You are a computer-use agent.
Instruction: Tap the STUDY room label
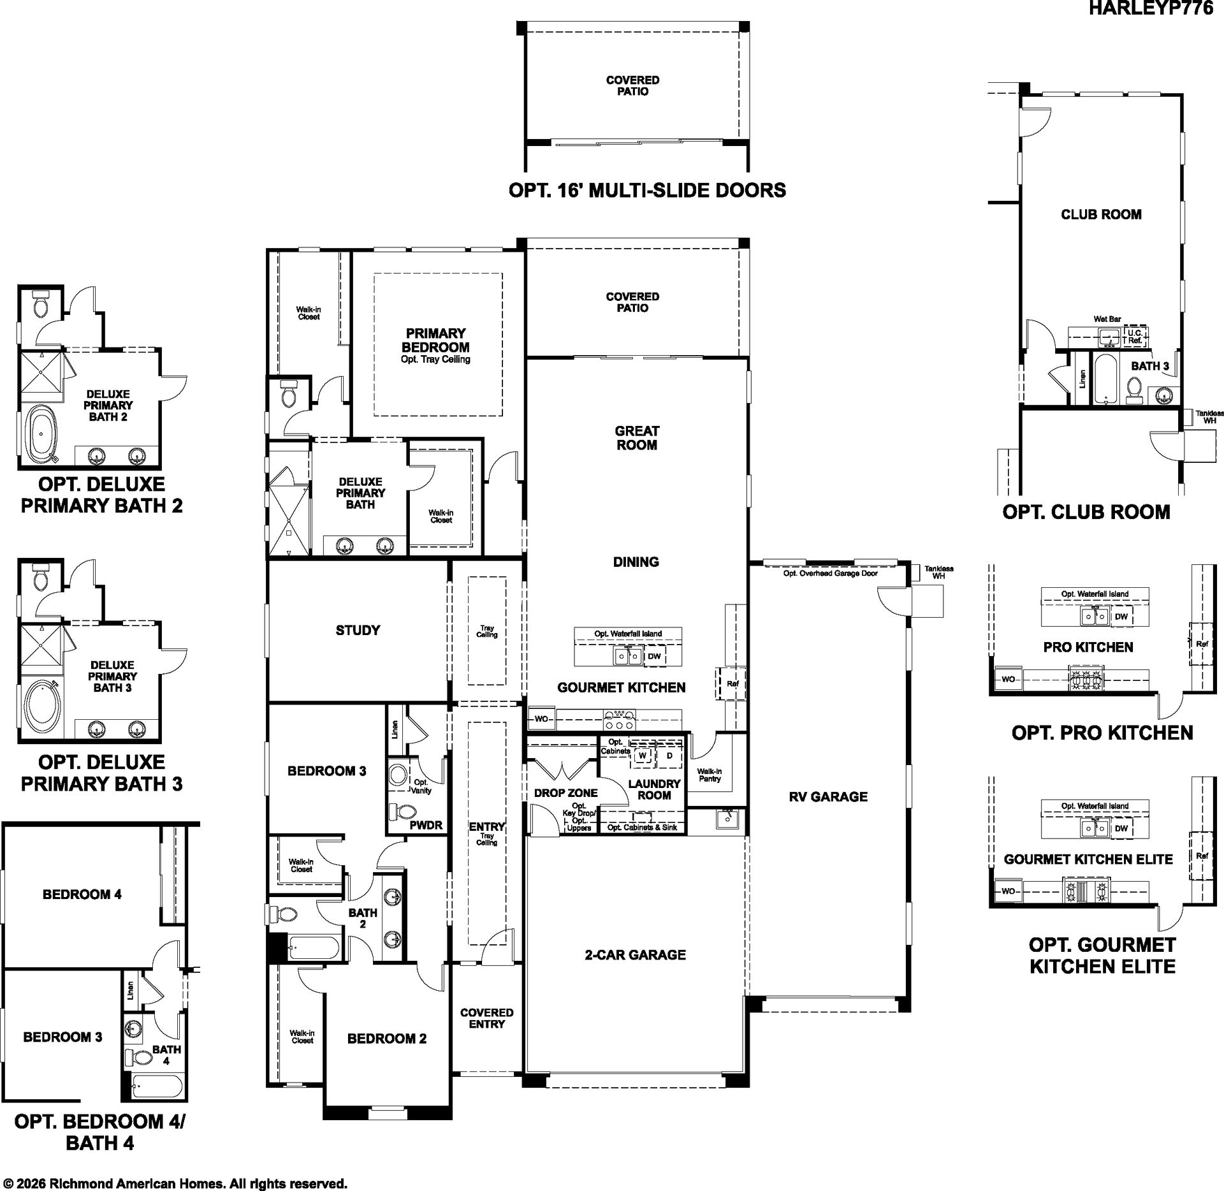[x=358, y=631]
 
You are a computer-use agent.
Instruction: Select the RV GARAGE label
[x=828, y=796]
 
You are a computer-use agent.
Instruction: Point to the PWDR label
[x=426, y=825]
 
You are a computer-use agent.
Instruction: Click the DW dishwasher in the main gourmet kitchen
[x=654, y=656]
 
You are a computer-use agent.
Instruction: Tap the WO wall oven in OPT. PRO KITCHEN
[x=1008, y=679]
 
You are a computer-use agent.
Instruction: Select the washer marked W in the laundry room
[x=643, y=756]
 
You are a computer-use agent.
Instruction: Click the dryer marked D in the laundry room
[x=669, y=756]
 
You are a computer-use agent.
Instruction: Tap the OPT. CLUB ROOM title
[x=1086, y=512]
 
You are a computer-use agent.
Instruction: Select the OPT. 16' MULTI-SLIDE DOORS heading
[x=647, y=190]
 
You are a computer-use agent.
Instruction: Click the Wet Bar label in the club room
[x=1107, y=319]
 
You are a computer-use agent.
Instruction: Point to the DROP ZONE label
[x=566, y=793]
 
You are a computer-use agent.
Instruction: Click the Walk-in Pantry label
[x=710, y=775]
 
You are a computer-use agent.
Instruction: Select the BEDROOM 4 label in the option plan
[x=82, y=895]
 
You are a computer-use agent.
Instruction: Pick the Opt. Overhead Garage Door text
[x=831, y=573]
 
